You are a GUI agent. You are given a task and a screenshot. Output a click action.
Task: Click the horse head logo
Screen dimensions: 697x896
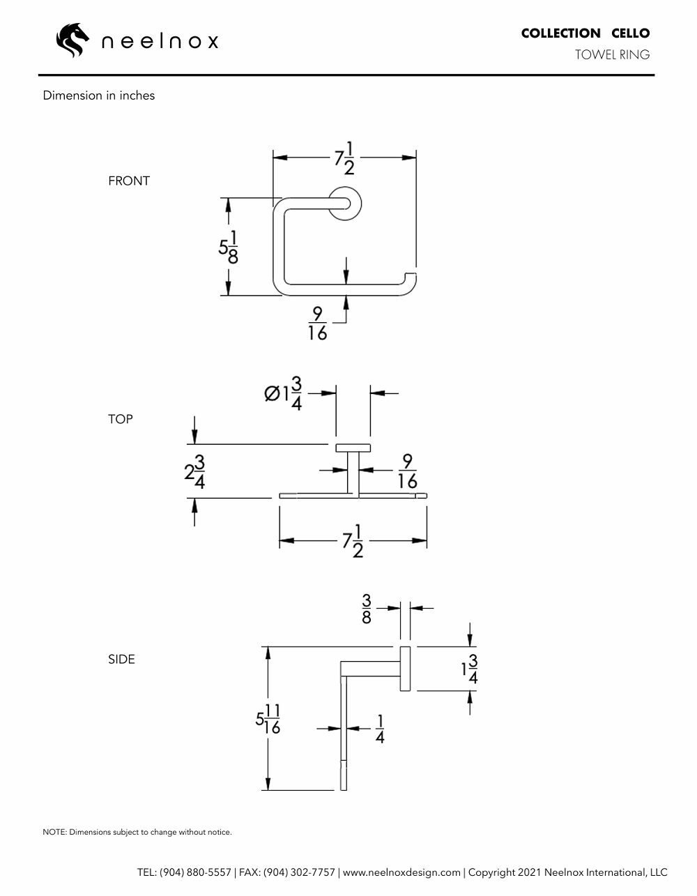tap(72, 40)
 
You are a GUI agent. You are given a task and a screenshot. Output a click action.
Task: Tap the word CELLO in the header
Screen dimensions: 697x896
tap(630, 33)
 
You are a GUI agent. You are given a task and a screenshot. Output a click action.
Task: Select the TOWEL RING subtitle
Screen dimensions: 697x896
tap(613, 54)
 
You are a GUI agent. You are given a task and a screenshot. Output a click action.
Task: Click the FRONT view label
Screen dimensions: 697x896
tap(129, 181)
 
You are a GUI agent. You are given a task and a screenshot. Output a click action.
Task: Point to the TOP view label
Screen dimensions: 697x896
tap(121, 419)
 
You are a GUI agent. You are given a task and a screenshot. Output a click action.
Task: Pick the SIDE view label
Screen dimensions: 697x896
tap(121, 659)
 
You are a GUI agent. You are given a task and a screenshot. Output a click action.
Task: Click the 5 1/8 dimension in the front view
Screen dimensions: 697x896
tap(229, 248)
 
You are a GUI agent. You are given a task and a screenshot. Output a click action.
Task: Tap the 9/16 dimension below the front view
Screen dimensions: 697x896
tap(317, 324)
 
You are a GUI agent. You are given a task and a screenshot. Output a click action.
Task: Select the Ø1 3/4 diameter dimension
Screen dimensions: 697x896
tap(283, 393)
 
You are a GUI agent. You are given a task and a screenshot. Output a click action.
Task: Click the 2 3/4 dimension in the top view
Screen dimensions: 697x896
tap(194, 472)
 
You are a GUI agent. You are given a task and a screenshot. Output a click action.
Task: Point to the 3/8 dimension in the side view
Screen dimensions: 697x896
tap(367, 609)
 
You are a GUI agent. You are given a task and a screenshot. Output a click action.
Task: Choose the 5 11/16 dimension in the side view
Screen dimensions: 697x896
tap(268, 719)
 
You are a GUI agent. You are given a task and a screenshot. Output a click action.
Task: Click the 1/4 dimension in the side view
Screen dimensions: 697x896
tap(380, 729)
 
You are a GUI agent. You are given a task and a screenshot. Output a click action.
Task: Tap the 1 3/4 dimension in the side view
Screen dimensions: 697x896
tap(470, 669)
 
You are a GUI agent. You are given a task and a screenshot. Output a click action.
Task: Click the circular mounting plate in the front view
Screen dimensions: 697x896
tap(346, 204)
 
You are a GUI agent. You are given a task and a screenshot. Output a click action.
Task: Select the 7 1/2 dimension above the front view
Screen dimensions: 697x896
tap(344, 158)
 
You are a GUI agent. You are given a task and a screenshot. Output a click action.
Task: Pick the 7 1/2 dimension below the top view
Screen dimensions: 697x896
tap(353, 540)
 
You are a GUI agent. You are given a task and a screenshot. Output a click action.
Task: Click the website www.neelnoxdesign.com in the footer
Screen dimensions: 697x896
tap(401, 872)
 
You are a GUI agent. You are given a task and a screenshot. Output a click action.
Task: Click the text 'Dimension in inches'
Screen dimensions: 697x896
tap(99, 96)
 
